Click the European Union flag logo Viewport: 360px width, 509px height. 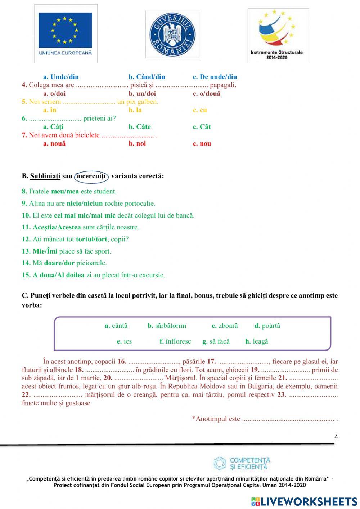(66, 34)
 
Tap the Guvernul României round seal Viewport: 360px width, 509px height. (172, 34)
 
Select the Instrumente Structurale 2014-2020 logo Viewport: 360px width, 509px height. (278, 35)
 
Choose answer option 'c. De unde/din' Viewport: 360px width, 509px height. (215, 77)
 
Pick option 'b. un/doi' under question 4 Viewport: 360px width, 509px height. (142, 94)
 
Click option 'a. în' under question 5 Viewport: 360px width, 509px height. (50, 110)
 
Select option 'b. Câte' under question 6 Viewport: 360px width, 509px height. (140, 127)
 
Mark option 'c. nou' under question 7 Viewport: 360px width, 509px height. (202, 143)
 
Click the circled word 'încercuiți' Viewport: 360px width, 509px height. (91, 176)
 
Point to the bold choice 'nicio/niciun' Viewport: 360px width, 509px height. (85, 204)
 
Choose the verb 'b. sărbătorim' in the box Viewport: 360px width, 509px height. (167, 326)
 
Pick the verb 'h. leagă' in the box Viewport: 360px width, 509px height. (256, 341)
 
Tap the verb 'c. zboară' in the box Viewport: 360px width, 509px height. (225, 326)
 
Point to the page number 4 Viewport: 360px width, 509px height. (336, 437)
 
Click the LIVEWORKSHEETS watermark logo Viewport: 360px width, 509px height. (304, 501)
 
